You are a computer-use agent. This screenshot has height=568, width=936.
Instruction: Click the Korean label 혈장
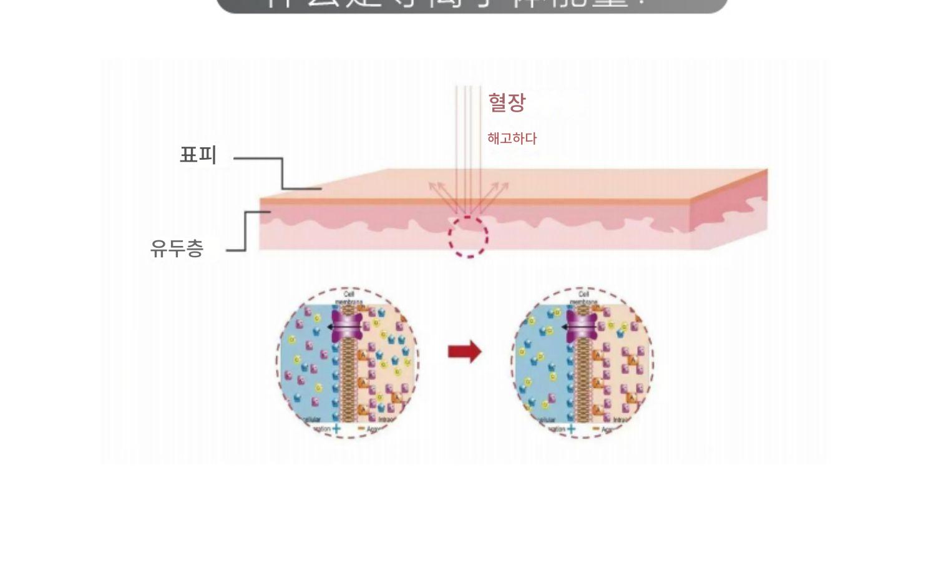[x=507, y=103]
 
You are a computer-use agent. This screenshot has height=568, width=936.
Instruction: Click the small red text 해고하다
[x=512, y=139]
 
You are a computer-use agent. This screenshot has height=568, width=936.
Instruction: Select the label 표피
[x=198, y=155]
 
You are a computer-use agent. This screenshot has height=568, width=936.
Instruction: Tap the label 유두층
[x=177, y=248]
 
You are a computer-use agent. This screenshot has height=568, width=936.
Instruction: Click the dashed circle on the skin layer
[x=468, y=237]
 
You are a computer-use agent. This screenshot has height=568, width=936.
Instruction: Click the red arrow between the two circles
[x=465, y=351]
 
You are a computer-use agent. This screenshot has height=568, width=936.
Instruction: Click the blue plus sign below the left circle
[x=337, y=428]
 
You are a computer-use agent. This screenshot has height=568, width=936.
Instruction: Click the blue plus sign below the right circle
[x=571, y=428]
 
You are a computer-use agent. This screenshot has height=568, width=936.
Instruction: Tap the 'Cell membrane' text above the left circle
[x=348, y=298]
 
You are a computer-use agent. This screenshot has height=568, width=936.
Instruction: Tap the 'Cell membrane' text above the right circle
[x=582, y=298]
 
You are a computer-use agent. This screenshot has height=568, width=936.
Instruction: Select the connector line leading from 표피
[x=282, y=173]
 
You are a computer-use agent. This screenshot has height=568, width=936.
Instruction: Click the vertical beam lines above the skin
[x=468, y=137]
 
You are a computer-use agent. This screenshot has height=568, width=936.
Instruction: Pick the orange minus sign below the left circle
[x=361, y=429]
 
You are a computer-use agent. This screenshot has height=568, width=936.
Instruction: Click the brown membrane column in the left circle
[x=348, y=381]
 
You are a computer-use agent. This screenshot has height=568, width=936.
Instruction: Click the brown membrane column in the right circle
[x=582, y=381]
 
